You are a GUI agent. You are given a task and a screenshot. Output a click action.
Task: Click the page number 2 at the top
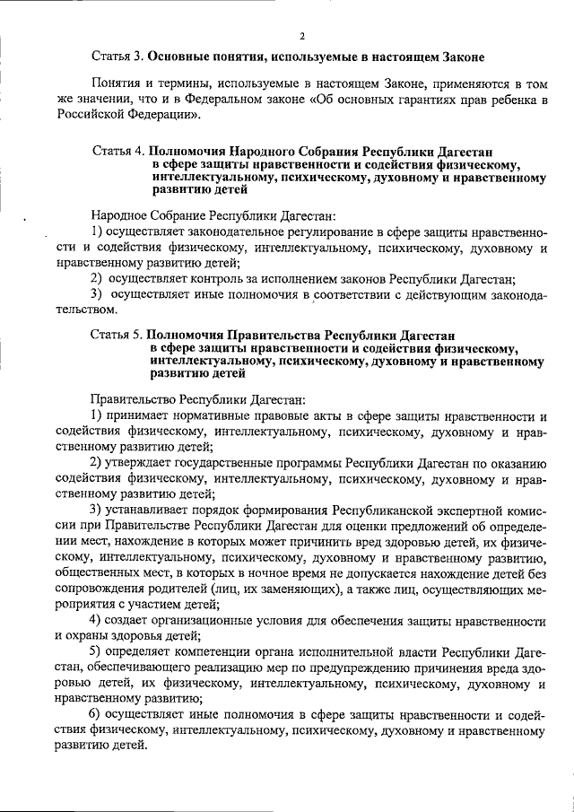301,37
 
